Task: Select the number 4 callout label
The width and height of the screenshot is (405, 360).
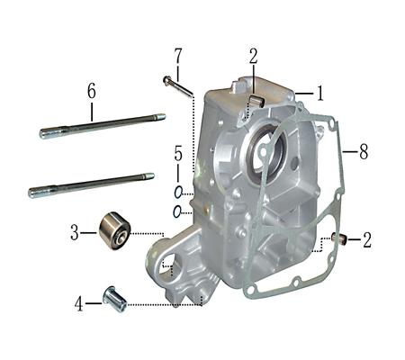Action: [x=80, y=304]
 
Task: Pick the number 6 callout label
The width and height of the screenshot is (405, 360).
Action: [x=91, y=90]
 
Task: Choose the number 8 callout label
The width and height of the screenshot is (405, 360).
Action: [x=363, y=153]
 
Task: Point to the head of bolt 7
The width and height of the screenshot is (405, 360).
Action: [x=167, y=80]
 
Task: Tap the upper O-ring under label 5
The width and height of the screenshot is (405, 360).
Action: [x=179, y=192]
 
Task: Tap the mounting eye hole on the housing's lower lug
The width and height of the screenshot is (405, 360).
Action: [x=166, y=266]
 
